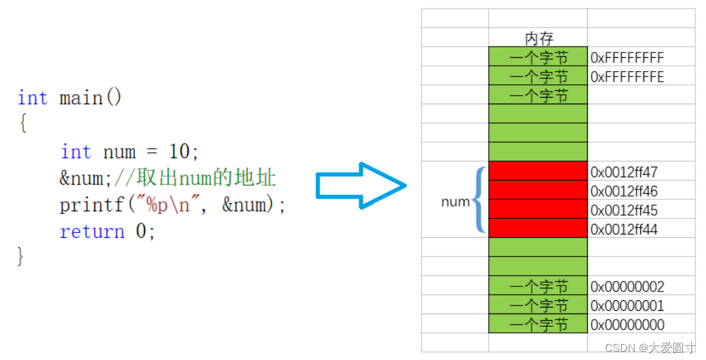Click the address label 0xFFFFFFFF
click(627, 58)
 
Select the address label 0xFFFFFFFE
click(627, 77)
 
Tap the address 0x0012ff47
click(624, 173)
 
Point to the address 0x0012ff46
click(624, 192)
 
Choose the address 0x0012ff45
click(624, 211)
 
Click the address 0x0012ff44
click(624, 230)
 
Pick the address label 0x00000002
click(627, 287)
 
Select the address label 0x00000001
click(627, 306)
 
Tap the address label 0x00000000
click(627, 325)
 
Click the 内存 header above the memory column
click(539, 39)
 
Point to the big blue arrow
click(360, 186)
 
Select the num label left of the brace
click(455, 202)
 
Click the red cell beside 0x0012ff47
click(538, 171)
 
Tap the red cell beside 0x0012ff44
click(538, 228)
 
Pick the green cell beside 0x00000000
click(538, 324)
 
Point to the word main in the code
click(81, 98)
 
